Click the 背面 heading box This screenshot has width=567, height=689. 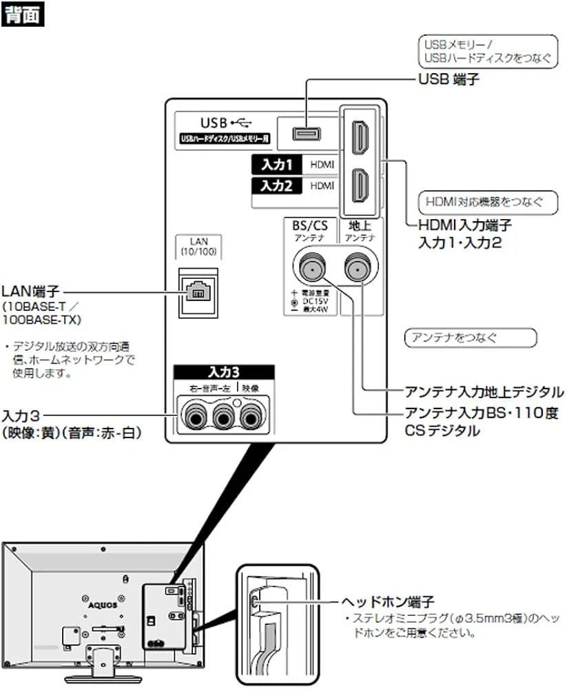point(23,14)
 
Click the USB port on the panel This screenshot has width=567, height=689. point(304,133)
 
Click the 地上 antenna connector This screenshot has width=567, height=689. point(360,265)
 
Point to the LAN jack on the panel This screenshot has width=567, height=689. point(198,291)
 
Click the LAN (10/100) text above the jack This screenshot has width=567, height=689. point(198,247)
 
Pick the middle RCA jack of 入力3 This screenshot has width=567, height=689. point(223,416)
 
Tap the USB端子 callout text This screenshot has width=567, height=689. point(449,79)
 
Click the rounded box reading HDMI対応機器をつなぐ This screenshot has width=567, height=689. point(479,203)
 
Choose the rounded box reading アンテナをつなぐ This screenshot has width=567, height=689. point(469,338)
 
